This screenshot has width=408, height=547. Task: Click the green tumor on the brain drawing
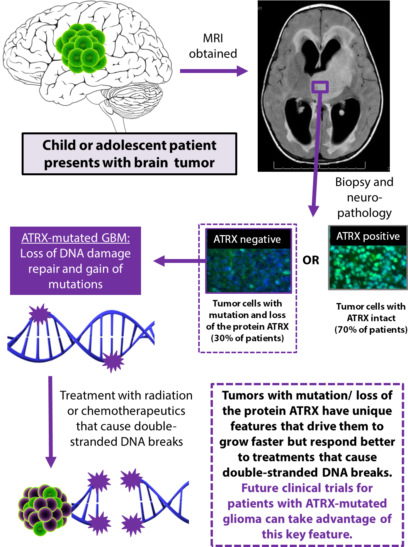82,49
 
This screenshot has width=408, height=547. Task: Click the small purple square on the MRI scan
320,87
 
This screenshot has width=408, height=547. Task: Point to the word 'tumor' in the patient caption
194,163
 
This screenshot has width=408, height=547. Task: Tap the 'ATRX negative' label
247,239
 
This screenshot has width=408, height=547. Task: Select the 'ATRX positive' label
368,236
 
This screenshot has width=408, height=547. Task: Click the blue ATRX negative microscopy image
248,270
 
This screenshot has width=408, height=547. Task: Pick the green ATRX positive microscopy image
367,267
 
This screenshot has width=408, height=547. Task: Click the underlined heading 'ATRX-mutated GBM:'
76,238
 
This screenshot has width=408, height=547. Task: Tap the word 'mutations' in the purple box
76,285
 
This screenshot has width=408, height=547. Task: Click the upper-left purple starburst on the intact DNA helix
39,314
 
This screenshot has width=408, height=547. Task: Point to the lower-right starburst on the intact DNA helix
112,361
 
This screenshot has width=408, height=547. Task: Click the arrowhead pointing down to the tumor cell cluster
51,462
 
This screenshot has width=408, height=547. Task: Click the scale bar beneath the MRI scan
319,166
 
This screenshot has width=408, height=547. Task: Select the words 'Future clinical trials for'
307,488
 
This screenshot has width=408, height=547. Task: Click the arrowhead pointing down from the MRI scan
313,211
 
